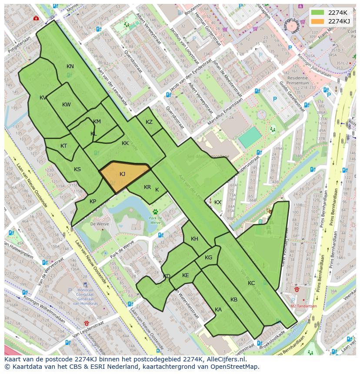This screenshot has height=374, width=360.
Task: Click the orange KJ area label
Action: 122,174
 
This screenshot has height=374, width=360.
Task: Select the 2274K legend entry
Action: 337,13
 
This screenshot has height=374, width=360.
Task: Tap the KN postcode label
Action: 70,66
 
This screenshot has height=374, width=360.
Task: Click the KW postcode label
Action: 67,105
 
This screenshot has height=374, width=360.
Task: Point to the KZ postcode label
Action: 149,122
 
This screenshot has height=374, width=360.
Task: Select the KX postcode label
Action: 218,202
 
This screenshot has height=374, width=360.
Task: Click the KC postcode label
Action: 251,283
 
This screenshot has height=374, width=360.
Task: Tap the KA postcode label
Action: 218,310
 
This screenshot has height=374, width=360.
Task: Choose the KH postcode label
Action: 194,239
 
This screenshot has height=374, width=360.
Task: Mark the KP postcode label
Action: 93,202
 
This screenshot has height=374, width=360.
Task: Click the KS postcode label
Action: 77,169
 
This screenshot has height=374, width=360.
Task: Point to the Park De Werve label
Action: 155,220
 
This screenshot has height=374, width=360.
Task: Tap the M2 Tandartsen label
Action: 303,306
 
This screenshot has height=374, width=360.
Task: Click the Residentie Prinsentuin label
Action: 297,81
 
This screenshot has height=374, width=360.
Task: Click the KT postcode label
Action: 64,146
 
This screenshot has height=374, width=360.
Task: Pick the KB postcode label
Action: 234,300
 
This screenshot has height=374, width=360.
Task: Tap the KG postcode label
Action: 208,258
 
